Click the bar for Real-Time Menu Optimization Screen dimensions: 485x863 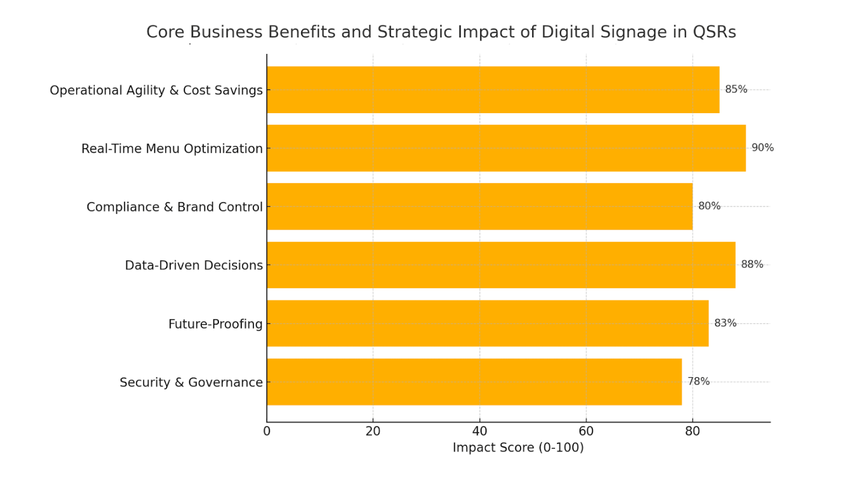tap(506, 148)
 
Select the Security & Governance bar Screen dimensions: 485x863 tap(474, 382)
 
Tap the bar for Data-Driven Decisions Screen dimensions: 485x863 tap(501, 265)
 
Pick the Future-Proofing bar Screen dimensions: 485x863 tap(488, 323)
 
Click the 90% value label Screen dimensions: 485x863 tap(762, 148)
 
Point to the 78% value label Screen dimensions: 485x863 tap(698, 381)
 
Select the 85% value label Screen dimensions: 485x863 tap(736, 89)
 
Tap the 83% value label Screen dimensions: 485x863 tap(725, 323)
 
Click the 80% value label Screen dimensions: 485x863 tap(709, 206)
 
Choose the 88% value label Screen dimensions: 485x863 tap(752, 265)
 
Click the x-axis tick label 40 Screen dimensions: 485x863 tap(480, 432)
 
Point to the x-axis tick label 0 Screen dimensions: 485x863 tap(267, 432)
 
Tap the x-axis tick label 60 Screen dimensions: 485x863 tap(586, 432)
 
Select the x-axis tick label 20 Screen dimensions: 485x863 tap(373, 432)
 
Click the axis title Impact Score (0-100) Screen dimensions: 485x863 tap(518, 448)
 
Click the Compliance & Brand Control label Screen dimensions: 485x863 tap(174, 207)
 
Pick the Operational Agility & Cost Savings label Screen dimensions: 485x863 tap(156, 90)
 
